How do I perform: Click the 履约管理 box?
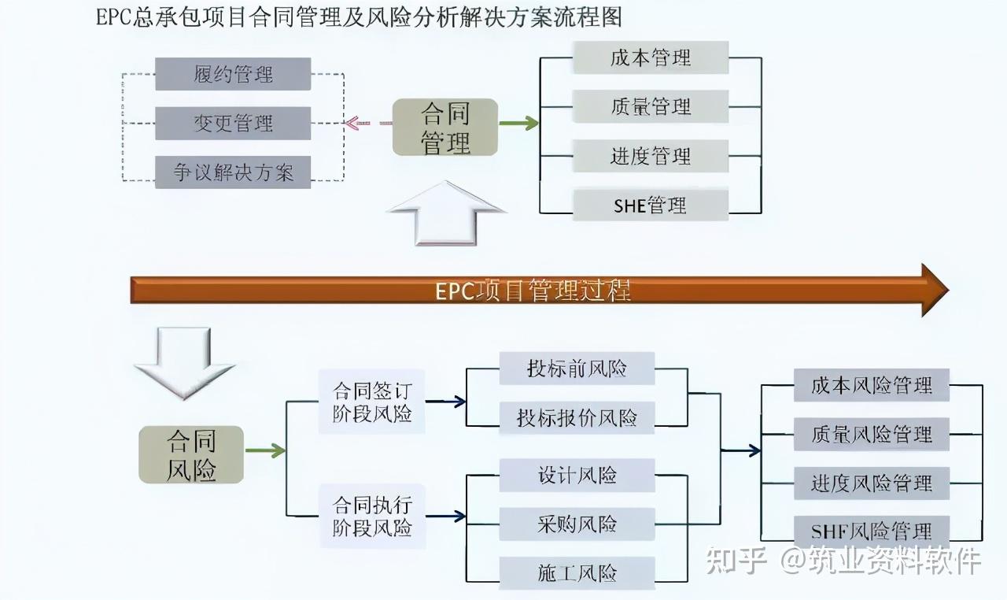pyautogui.click(x=233, y=74)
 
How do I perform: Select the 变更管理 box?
pyautogui.click(x=233, y=123)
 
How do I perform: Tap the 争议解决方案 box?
pyautogui.click(x=233, y=172)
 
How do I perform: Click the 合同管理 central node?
pyautogui.click(x=445, y=128)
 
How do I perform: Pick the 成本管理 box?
pyautogui.click(x=651, y=57)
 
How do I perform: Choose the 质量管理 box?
pyautogui.click(x=651, y=106)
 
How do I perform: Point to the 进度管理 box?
pyautogui.click(x=651, y=155)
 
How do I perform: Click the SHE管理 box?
pyautogui.click(x=651, y=205)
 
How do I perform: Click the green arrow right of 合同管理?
pyautogui.click(x=518, y=124)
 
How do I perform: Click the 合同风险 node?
pyautogui.click(x=191, y=455)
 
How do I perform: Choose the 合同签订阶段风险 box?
pyautogui.click(x=372, y=402)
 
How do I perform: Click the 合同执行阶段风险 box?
pyautogui.click(x=372, y=515)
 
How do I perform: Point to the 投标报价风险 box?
pyautogui.click(x=577, y=417)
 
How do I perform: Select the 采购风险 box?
pyautogui.click(x=577, y=524)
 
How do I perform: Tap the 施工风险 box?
pyautogui.click(x=577, y=572)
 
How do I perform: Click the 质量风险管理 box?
pyautogui.click(x=872, y=434)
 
